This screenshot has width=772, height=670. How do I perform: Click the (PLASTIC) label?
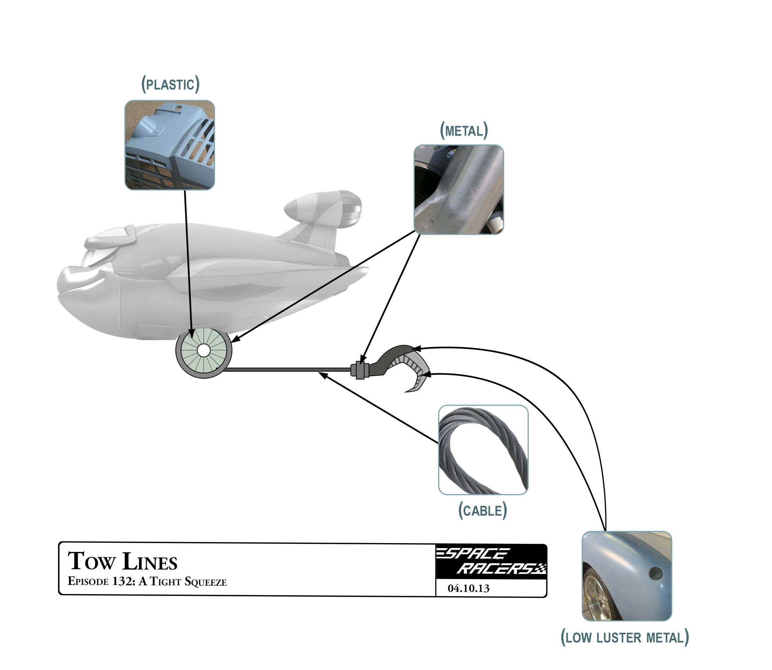point(170,84)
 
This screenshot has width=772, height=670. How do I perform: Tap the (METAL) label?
point(464,131)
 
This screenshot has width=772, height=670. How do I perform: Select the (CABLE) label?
point(482,510)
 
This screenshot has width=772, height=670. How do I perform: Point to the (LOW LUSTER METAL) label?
point(624,637)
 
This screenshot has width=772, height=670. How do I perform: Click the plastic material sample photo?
point(170,145)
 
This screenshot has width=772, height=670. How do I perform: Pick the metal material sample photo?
point(459,190)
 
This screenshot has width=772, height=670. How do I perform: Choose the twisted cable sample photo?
point(483,450)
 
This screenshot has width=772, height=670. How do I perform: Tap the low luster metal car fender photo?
point(627,576)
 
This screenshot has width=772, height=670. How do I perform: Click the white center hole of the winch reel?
point(204,350)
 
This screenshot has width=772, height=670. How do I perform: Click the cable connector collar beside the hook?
point(360,370)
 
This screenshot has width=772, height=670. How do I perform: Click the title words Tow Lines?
point(122,561)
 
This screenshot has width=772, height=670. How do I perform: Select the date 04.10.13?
point(468,589)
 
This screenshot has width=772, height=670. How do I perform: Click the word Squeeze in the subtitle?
point(205,582)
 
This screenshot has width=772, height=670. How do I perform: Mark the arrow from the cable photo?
point(378,407)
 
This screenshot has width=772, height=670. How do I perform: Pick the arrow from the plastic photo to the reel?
point(188,262)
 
